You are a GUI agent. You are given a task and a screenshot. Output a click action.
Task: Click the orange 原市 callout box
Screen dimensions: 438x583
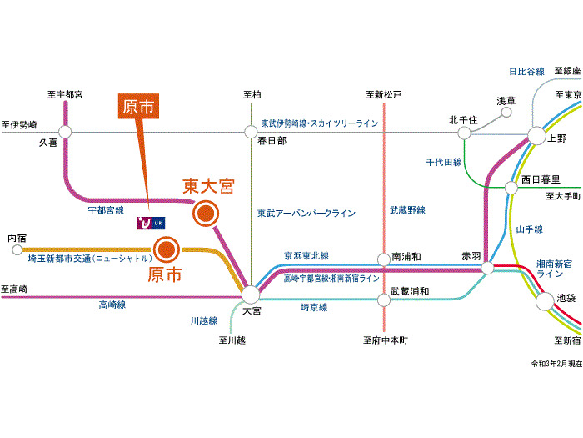point(137,106)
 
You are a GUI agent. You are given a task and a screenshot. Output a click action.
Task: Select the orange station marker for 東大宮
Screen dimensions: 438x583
point(203,214)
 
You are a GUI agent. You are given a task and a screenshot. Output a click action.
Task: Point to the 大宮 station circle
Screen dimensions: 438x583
point(251,295)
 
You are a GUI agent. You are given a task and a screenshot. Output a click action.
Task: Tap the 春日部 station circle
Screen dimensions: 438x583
point(251,131)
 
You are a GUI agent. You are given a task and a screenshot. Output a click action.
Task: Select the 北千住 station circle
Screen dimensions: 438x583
point(462,131)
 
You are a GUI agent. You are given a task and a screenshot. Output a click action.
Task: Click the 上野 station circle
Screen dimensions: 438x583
point(536,135)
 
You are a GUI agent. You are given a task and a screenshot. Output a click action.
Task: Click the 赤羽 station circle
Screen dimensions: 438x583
point(488,268)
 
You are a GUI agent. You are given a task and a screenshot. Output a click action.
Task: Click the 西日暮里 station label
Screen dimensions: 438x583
point(541,179)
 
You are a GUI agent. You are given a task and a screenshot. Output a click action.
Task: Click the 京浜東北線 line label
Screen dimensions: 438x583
point(306,255)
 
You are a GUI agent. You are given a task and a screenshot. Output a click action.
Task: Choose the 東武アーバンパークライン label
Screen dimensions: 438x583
point(306,214)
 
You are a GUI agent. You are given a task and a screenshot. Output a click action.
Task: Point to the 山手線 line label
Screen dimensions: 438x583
point(528,229)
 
